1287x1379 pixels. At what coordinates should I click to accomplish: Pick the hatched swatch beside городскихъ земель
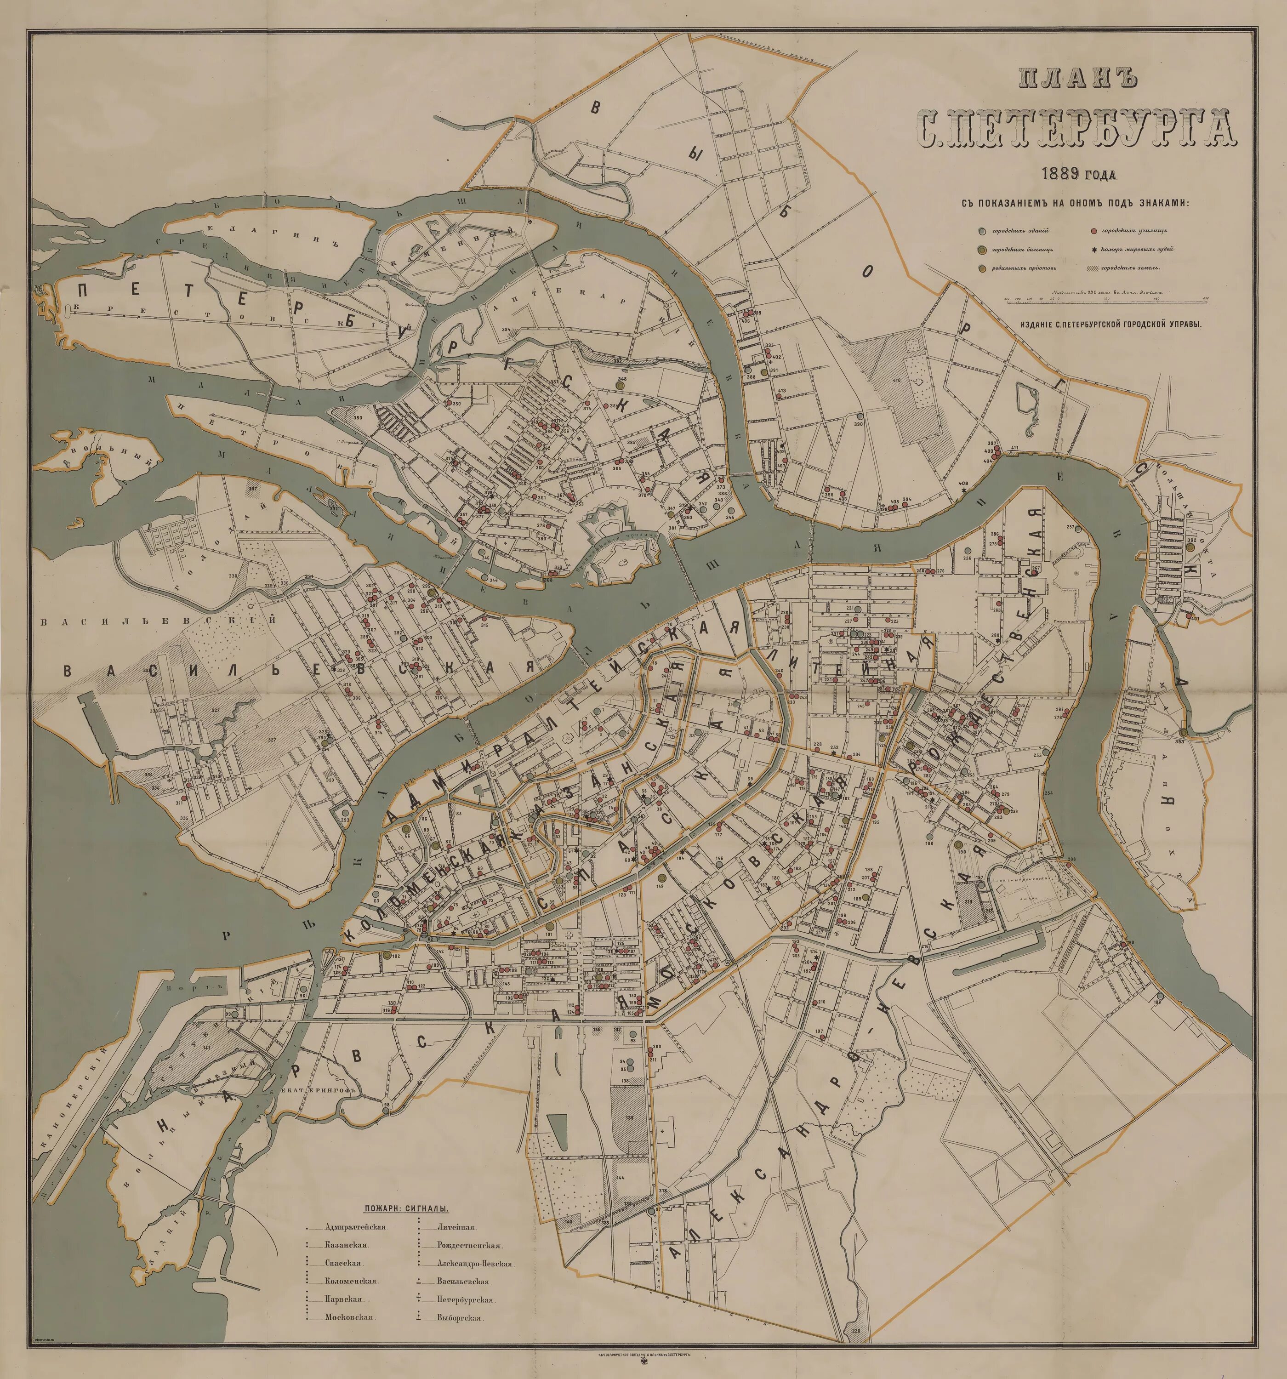click(1088, 268)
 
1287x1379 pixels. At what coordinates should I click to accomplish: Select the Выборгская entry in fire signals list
click(459, 1318)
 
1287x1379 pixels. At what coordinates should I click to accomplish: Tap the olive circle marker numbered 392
click(1190, 547)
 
